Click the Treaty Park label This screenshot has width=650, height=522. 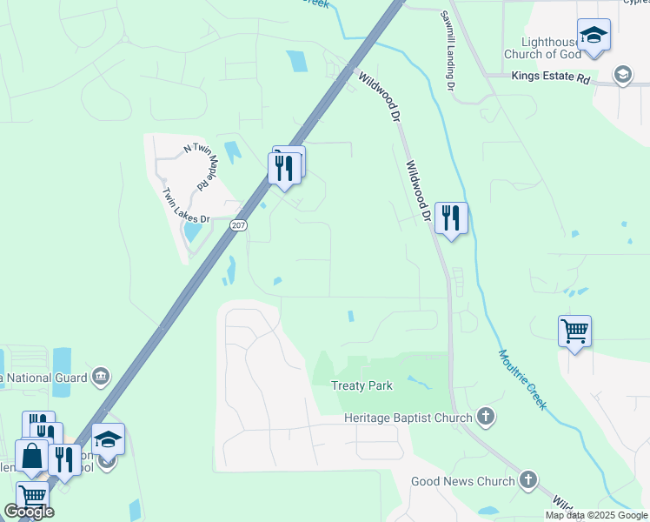click(362, 385)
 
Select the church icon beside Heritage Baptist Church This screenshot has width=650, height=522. click(486, 418)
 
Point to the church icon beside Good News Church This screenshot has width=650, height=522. click(528, 480)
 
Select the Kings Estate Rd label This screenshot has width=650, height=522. click(550, 77)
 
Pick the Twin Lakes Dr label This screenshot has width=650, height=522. click(187, 208)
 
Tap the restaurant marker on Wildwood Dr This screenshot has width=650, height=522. click(451, 218)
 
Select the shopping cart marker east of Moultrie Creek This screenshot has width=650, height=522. click(574, 331)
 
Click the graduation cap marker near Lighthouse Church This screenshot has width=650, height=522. click(594, 36)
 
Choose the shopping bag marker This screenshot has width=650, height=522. click(31, 456)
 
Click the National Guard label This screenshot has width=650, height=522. click(43, 378)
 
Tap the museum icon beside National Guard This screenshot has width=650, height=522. click(101, 377)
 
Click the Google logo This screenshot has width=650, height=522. click(29, 512)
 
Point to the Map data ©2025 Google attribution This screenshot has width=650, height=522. click(597, 515)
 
